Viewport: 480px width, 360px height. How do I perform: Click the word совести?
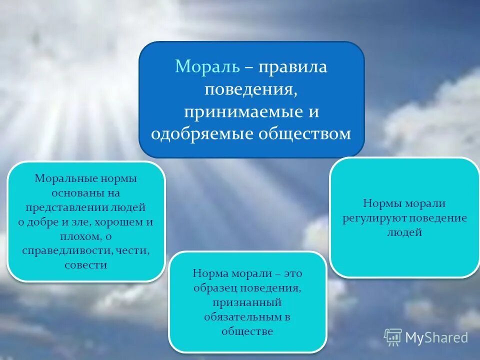pos(85,265)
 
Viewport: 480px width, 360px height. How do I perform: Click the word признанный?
pos(247,302)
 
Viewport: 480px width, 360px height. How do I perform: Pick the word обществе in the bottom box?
pos(247,331)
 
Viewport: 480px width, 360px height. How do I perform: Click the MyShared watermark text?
pos(436,337)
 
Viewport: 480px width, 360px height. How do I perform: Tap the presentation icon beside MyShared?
pos(393,337)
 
